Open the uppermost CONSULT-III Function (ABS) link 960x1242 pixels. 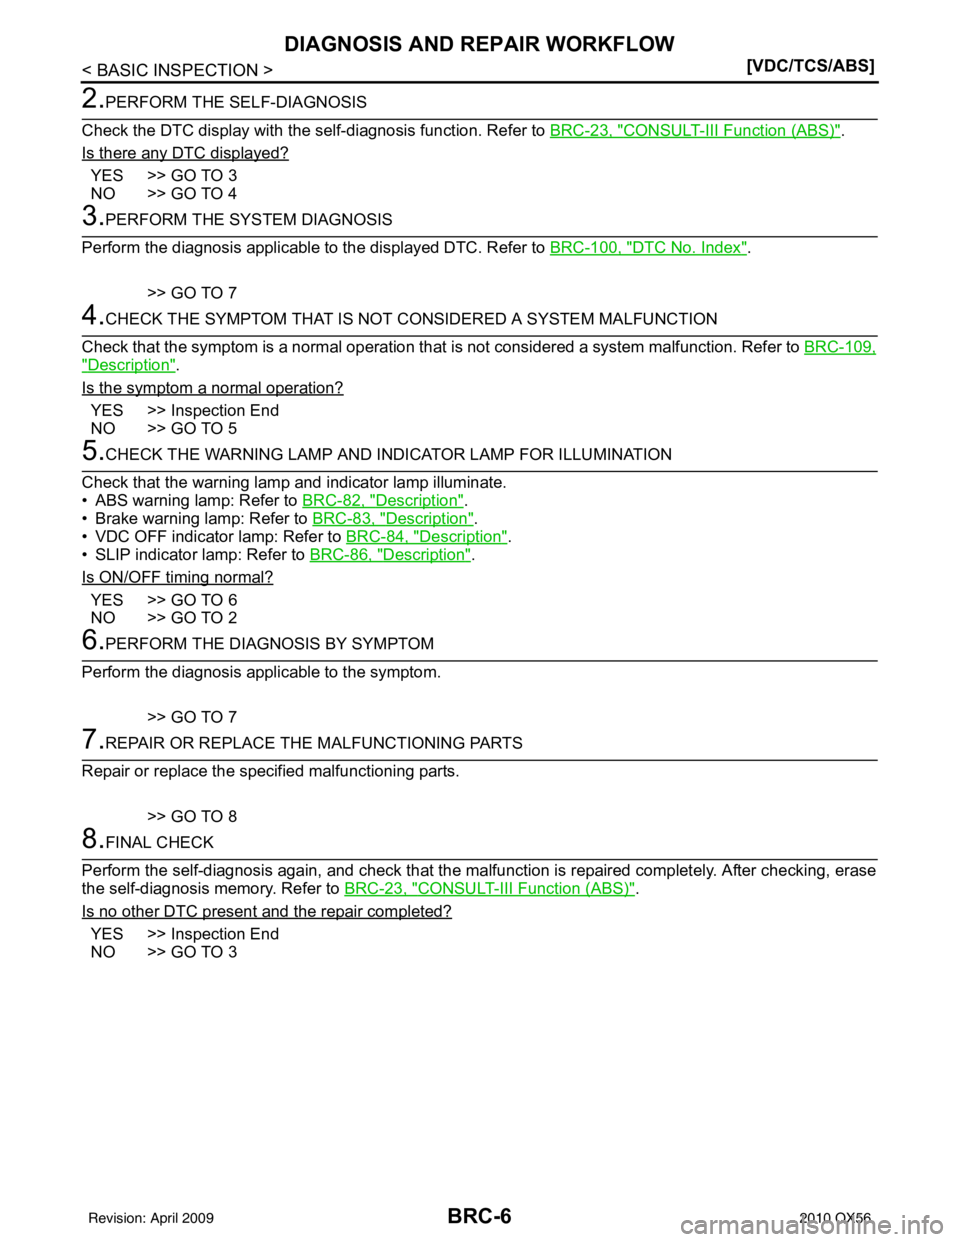tap(694, 131)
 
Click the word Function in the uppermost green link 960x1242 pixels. tap(758, 131)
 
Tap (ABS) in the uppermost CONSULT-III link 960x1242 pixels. tap(819, 131)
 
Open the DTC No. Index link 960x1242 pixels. tap(648, 248)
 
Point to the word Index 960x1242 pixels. tap(723, 248)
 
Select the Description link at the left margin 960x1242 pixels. tap(128, 366)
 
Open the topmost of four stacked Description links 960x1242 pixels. tap(383, 498)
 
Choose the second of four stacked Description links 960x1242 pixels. tap(392, 517)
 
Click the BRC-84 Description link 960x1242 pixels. tap(426, 536)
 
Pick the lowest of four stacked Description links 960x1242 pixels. tap(390, 554)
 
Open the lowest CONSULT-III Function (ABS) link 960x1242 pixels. tap(490, 888)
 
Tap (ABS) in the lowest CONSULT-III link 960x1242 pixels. tap(615, 888)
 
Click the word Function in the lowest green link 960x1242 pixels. tap(553, 888)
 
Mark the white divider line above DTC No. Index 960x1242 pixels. tap(479, 237)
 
